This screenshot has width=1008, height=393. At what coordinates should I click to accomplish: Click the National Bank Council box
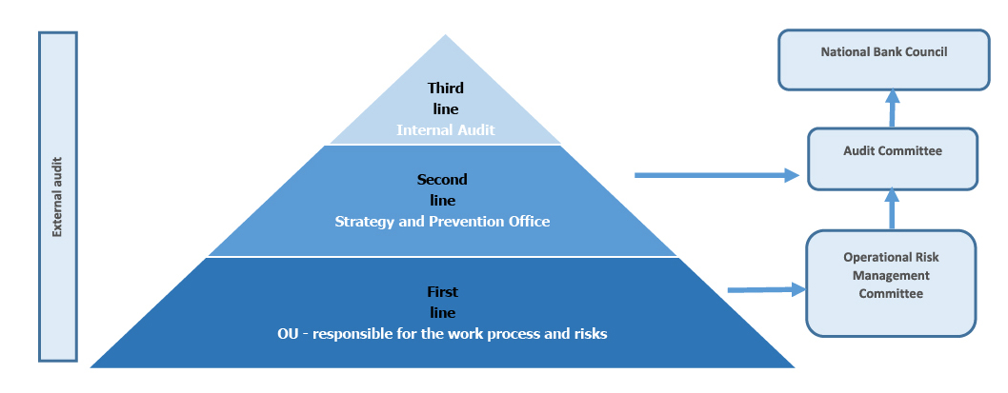click(883, 60)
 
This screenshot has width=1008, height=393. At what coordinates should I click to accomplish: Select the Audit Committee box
click(893, 159)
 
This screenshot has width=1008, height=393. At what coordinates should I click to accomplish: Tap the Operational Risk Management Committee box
click(891, 284)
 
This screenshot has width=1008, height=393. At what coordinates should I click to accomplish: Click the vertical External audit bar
click(58, 196)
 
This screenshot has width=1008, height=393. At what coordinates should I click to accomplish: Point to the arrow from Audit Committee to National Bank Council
click(892, 108)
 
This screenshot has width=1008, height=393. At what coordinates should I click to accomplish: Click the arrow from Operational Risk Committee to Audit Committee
click(892, 209)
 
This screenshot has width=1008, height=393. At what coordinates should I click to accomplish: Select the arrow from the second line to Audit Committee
click(716, 175)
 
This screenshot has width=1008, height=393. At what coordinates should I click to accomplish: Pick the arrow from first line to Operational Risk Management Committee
click(766, 290)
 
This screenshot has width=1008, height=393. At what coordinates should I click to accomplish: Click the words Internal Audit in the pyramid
click(446, 130)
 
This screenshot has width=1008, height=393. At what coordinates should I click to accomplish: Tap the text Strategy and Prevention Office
click(442, 222)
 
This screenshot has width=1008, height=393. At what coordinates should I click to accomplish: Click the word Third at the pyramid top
click(446, 88)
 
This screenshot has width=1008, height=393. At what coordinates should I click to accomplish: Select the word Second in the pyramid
click(442, 180)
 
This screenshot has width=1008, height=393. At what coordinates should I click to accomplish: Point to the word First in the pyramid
click(443, 292)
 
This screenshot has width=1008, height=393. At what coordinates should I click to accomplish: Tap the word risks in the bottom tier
click(590, 334)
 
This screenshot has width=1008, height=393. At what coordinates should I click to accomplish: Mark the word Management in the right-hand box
click(891, 276)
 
